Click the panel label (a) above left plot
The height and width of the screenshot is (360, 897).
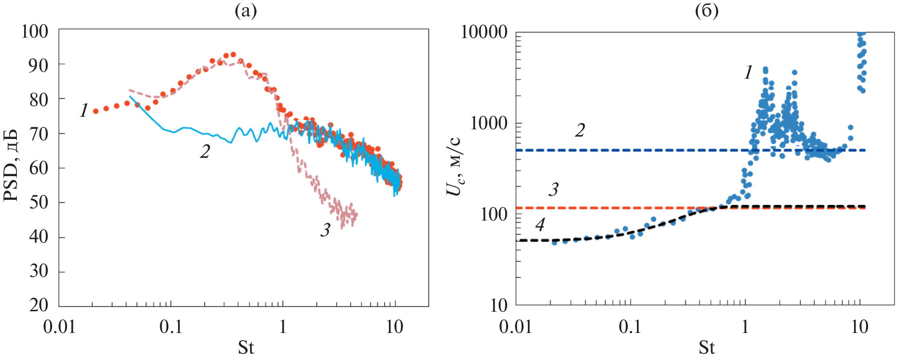(246, 11)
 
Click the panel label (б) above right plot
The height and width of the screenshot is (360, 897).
(706, 11)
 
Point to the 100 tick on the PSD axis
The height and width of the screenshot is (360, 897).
(35, 31)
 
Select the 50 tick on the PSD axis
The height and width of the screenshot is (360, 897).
(39, 202)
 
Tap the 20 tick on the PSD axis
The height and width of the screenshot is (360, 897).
(39, 305)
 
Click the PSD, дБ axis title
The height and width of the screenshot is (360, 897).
(11, 166)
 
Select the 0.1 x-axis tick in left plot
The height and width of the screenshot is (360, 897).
(170, 327)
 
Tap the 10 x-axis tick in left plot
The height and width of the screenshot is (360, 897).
(394, 327)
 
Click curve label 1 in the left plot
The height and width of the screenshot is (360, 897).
(84, 111)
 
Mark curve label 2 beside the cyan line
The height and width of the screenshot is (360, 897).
(205, 152)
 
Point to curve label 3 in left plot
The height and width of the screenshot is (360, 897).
(325, 230)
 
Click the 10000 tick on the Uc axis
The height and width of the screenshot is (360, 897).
(484, 32)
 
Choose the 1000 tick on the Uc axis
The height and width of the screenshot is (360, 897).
(489, 123)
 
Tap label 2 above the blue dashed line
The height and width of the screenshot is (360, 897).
(580, 130)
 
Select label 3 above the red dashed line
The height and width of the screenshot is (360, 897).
(553, 190)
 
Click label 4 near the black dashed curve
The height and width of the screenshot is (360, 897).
(540, 224)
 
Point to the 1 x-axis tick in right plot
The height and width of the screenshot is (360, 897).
(745, 327)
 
